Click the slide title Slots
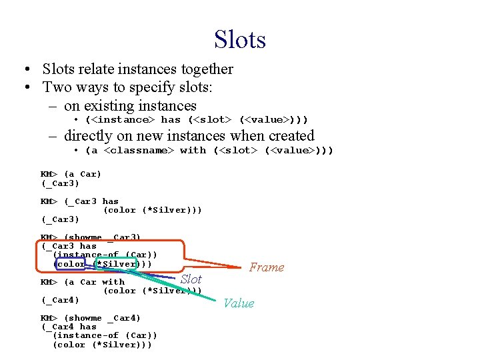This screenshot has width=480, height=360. pyautogui.click(x=240, y=39)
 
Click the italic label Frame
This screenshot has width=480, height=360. pyautogui.click(x=266, y=267)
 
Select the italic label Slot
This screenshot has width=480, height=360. pyautogui.click(x=191, y=279)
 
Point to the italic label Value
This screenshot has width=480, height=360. pyautogui.click(x=239, y=303)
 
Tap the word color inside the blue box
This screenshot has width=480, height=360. pyautogui.click(x=71, y=264)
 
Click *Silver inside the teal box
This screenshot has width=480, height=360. pyautogui.click(x=117, y=264)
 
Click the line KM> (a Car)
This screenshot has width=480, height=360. pyautogui.click(x=71, y=174)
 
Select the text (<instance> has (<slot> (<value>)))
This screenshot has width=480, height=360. pyautogui.click(x=197, y=119)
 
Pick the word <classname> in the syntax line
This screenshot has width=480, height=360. pyautogui.click(x=139, y=150)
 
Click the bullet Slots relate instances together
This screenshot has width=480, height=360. pyautogui.click(x=137, y=69)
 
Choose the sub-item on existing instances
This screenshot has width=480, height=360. pyautogui.click(x=130, y=105)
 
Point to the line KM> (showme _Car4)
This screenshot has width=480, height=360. pyautogui.click(x=91, y=318)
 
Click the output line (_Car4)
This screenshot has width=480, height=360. pyautogui.click(x=60, y=300)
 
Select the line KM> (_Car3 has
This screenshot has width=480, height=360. pyautogui.click(x=79, y=201)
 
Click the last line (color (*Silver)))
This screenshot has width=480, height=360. pyautogui.click(x=102, y=345)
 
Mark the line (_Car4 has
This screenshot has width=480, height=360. pyautogui.click(x=69, y=327)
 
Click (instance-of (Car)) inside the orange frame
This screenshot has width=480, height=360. pyautogui.click(x=105, y=255)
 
